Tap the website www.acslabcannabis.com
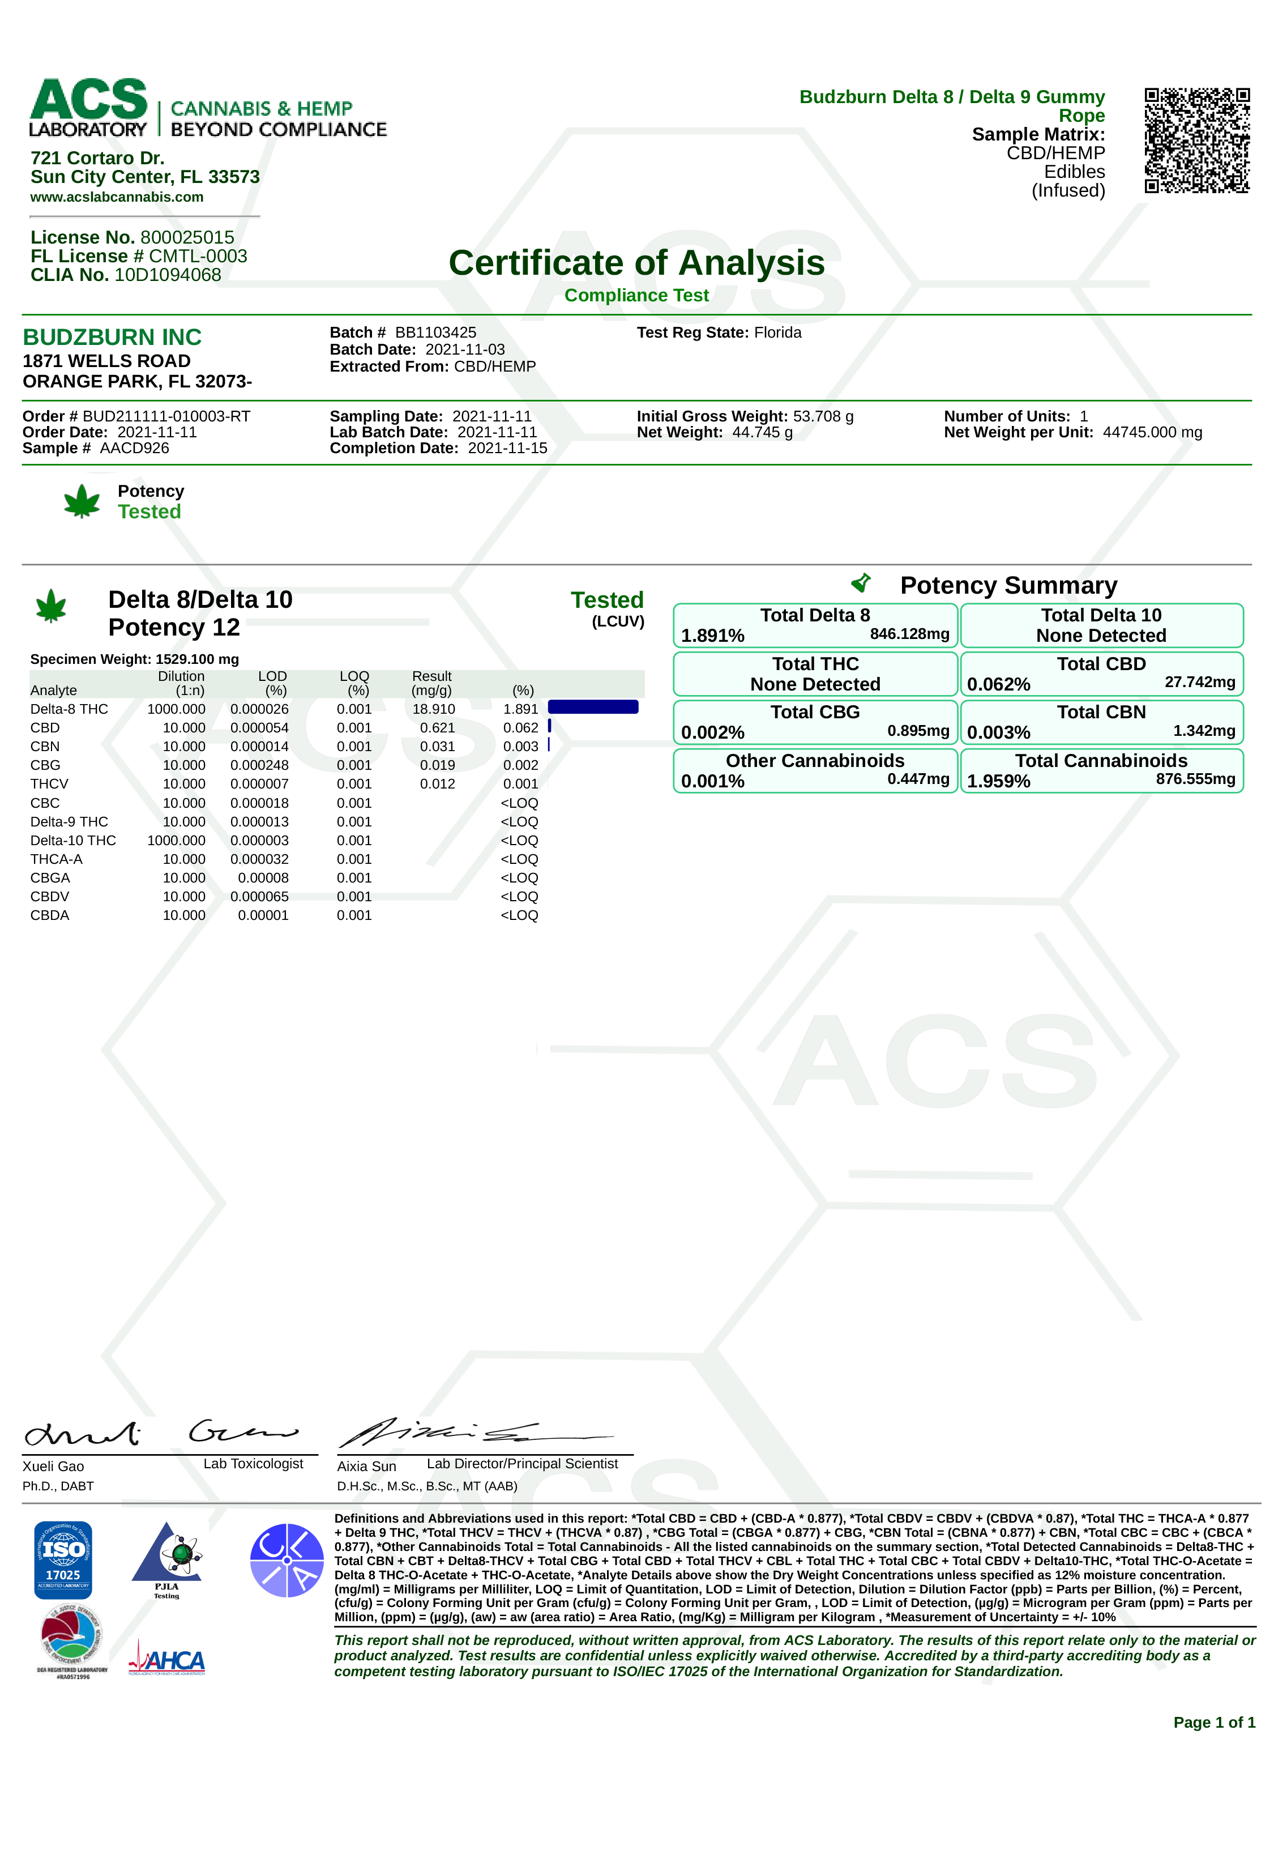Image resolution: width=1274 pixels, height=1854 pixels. [117, 197]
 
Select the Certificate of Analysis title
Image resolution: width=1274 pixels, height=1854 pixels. [636, 263]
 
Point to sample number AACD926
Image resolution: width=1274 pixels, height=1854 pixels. [134, 448]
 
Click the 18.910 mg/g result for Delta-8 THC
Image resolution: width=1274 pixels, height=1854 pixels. [434, 709]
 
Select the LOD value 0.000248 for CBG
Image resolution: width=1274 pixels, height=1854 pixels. [259, 765]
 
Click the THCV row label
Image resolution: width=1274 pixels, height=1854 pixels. [49, 784]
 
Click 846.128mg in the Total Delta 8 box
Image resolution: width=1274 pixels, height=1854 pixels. [909, 634]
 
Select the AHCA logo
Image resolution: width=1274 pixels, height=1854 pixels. [167, 1661]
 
